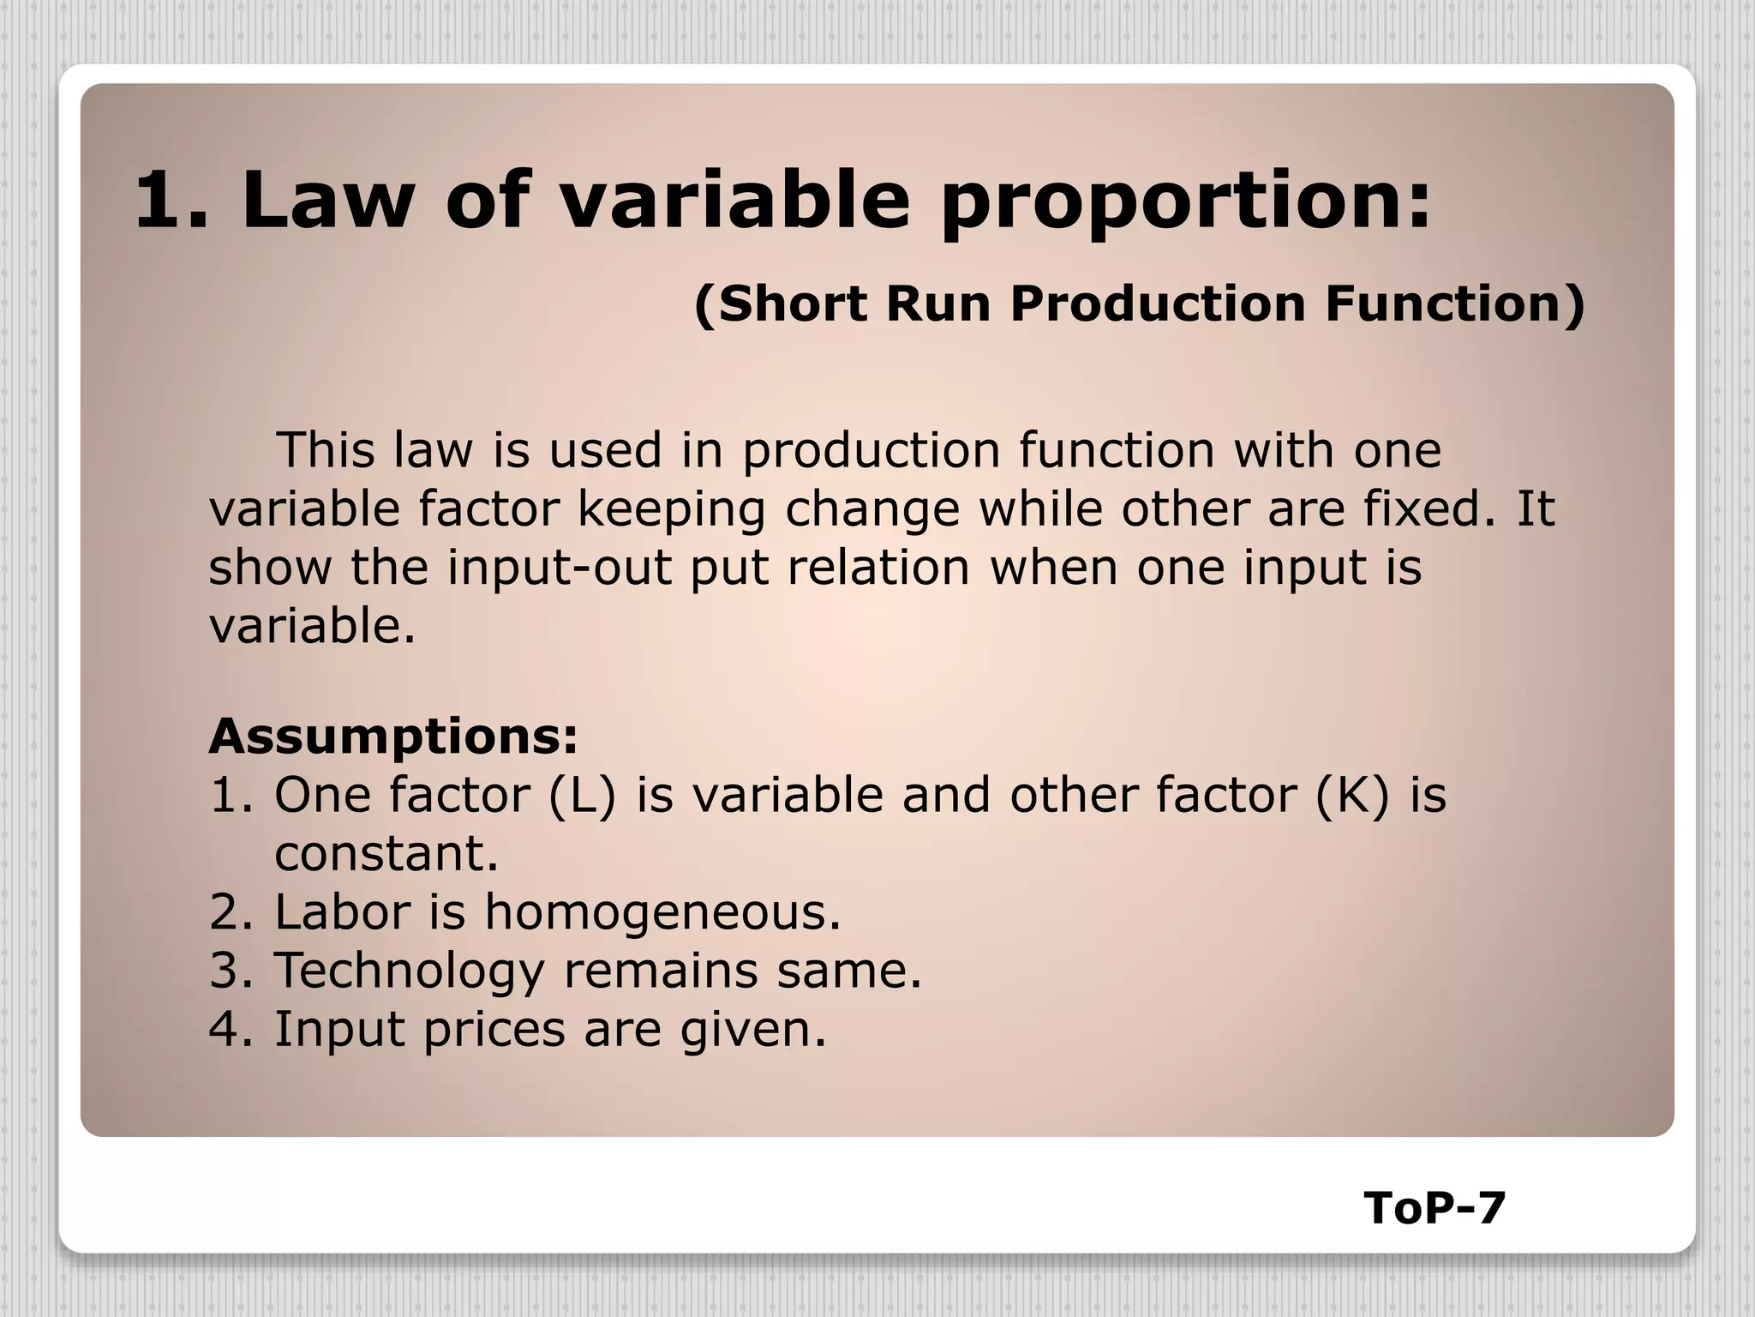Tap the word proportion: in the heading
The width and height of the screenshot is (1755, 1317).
click(x=1185, y=204)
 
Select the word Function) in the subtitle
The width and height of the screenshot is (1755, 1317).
click(x=1455, y=304)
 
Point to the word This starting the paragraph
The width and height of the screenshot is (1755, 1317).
click(x=326, y=450)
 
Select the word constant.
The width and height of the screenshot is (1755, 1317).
click(x=386, y=854)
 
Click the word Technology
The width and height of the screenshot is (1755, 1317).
click(x=409, y=972)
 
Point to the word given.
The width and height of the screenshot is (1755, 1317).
click(x=753, y=1031)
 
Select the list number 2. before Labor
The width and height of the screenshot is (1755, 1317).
click(x=231, y=912)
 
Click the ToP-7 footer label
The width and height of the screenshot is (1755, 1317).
click(x=1435, y=1209)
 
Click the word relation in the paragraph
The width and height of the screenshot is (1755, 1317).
click(x=878, y=568)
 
